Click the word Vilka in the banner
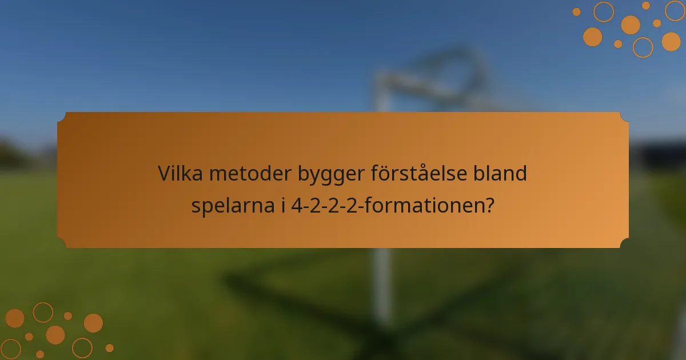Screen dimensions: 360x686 click(x=181, y=173)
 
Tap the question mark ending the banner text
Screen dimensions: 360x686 click(x=489, y=205)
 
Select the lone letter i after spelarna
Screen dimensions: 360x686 click(x=282, y=205)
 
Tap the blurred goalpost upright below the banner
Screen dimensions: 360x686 click(x=382, y=286)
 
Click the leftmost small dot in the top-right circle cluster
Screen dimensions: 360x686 click(x=576, y=12)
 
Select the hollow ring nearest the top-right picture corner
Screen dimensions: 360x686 click(x=675, y=11)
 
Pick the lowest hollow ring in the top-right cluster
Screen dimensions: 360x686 click(x=643, y=47)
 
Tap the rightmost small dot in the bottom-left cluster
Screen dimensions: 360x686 click(x=109, y=347)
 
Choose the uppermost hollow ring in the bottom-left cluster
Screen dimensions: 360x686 click(x=43, y=312)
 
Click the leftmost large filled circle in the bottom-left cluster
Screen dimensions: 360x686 click(x=15, y=318)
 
